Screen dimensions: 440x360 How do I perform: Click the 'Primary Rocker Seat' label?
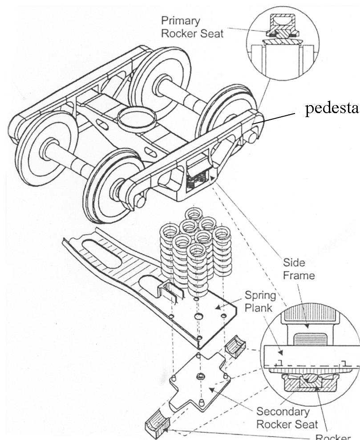pos(192,27)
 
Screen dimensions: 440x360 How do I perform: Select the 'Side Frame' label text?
pos(294,269)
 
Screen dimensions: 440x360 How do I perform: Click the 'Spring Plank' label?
pos(261,301)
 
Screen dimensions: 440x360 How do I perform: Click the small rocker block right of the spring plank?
pos(235,346)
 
